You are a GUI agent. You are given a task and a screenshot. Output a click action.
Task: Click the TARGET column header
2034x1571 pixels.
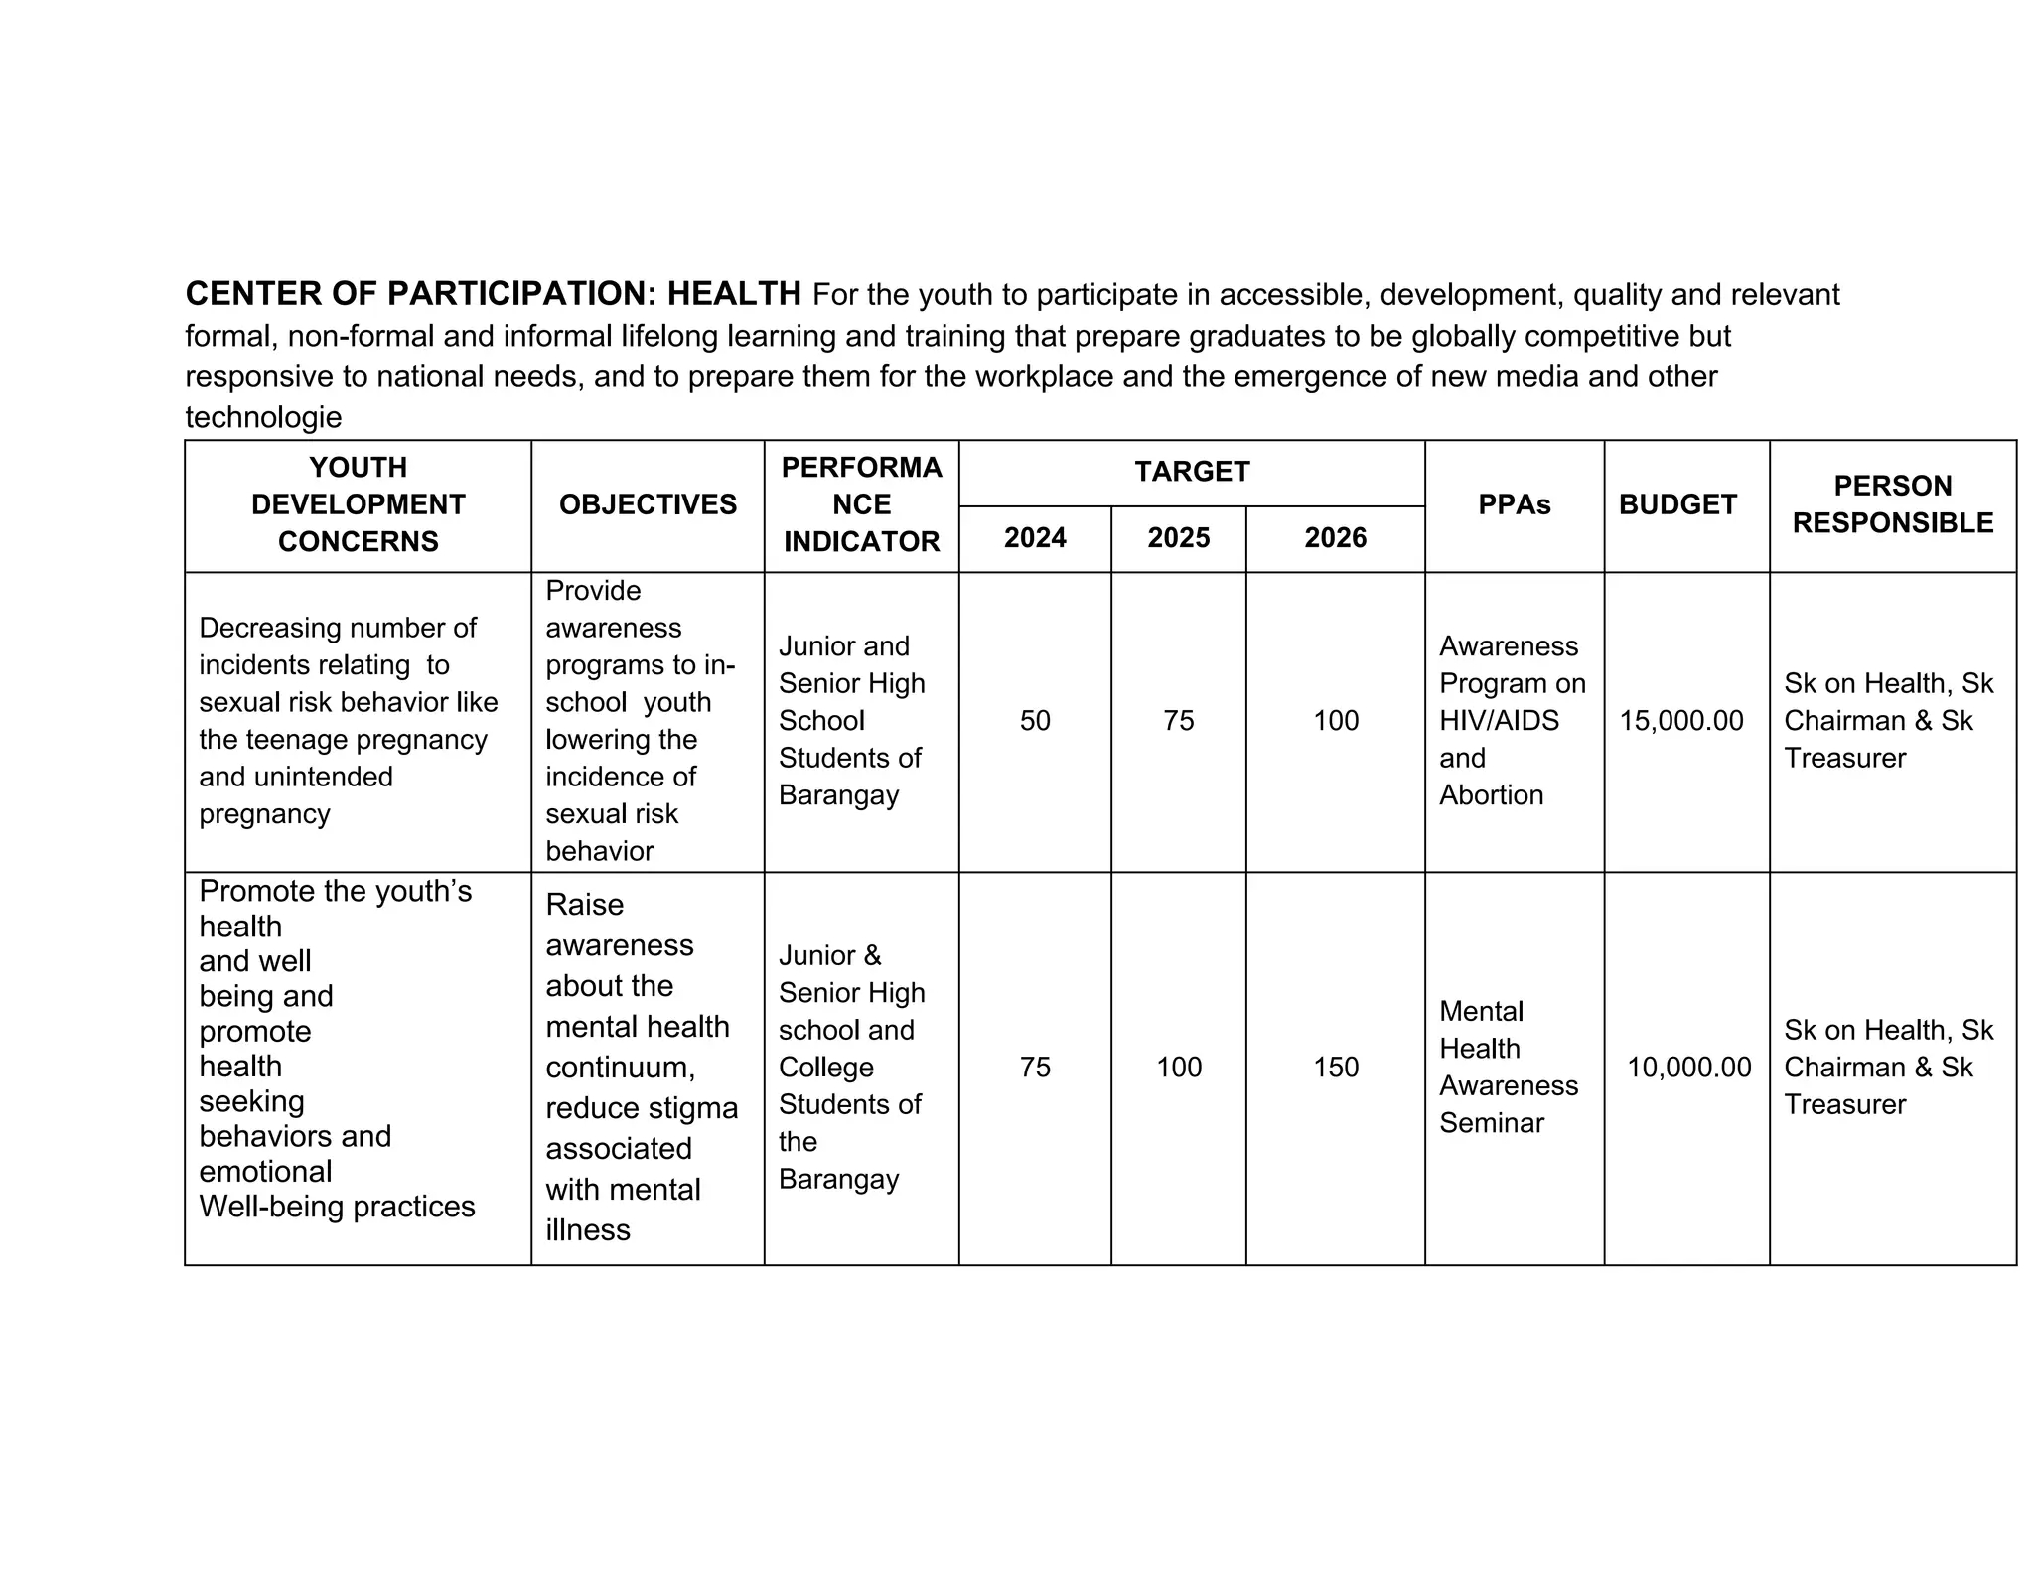(x=1191, y=472)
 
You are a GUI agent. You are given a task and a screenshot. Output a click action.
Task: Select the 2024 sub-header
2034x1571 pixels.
(x=1034, y=538)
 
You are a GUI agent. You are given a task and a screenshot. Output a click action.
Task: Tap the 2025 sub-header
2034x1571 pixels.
(x=1178, y=538)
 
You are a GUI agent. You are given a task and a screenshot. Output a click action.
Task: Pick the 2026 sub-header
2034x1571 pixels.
(x=1335, y=538)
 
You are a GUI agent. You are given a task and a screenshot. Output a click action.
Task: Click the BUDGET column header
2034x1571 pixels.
(x=1677, y=504)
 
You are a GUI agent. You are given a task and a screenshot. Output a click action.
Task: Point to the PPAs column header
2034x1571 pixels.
(x=1514, y=504)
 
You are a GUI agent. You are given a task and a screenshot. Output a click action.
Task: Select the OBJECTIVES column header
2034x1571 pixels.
(x=648, y=504)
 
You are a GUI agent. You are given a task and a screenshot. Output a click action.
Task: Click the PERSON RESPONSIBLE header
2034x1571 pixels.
(x=1892, y=504)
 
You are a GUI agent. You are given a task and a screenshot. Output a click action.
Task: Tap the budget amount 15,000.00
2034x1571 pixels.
(x=1680, y=721)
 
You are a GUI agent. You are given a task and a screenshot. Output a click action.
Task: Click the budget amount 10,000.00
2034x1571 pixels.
(x=1688, y=1068)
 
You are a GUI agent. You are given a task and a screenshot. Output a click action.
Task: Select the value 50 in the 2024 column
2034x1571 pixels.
(x=1034, y=721)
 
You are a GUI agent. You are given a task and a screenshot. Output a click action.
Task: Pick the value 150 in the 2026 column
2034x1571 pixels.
(x=1335, y=1068)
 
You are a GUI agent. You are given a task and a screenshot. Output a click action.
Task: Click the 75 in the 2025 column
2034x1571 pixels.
(x=1178, y=721)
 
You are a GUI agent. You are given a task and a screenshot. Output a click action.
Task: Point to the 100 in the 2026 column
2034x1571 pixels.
(x=1335, y=721)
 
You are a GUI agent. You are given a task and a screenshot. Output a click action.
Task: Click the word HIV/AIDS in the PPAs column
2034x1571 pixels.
(x=1499, y=721)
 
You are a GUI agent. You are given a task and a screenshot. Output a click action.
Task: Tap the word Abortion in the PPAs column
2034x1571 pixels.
(x=1491, y=795)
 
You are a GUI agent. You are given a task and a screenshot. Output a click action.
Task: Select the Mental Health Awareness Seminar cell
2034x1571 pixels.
(x=1508, y=1068)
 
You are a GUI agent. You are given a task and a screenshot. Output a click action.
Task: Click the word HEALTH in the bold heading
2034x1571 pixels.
(x=733, y=294)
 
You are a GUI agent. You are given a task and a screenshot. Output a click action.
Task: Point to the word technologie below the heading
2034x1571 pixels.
(x=263, y=417)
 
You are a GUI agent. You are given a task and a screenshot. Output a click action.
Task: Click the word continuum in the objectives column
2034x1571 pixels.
(x=619, y=1068)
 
